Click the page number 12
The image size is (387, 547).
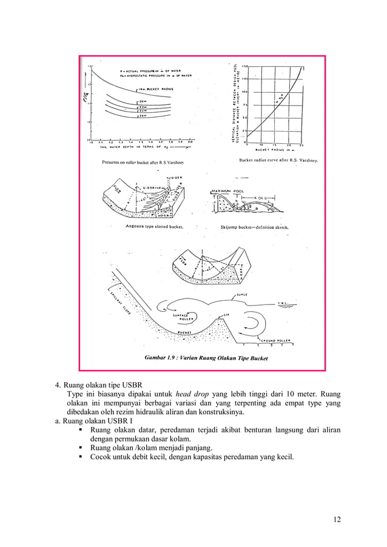pyautogui.click(x=337, y=519)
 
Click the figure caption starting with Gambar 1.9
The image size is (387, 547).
pyautogui.click(x=206, y=358)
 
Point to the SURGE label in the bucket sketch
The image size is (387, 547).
pyautogui.click(x=241, y=295)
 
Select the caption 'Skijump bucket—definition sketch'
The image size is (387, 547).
pyautogui.click(x=255, y=227)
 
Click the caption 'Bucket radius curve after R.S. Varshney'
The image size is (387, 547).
pyautogui.click(x=280, y=161)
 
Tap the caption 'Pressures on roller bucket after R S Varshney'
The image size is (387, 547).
pyautogui.click(x=143, y=163)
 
